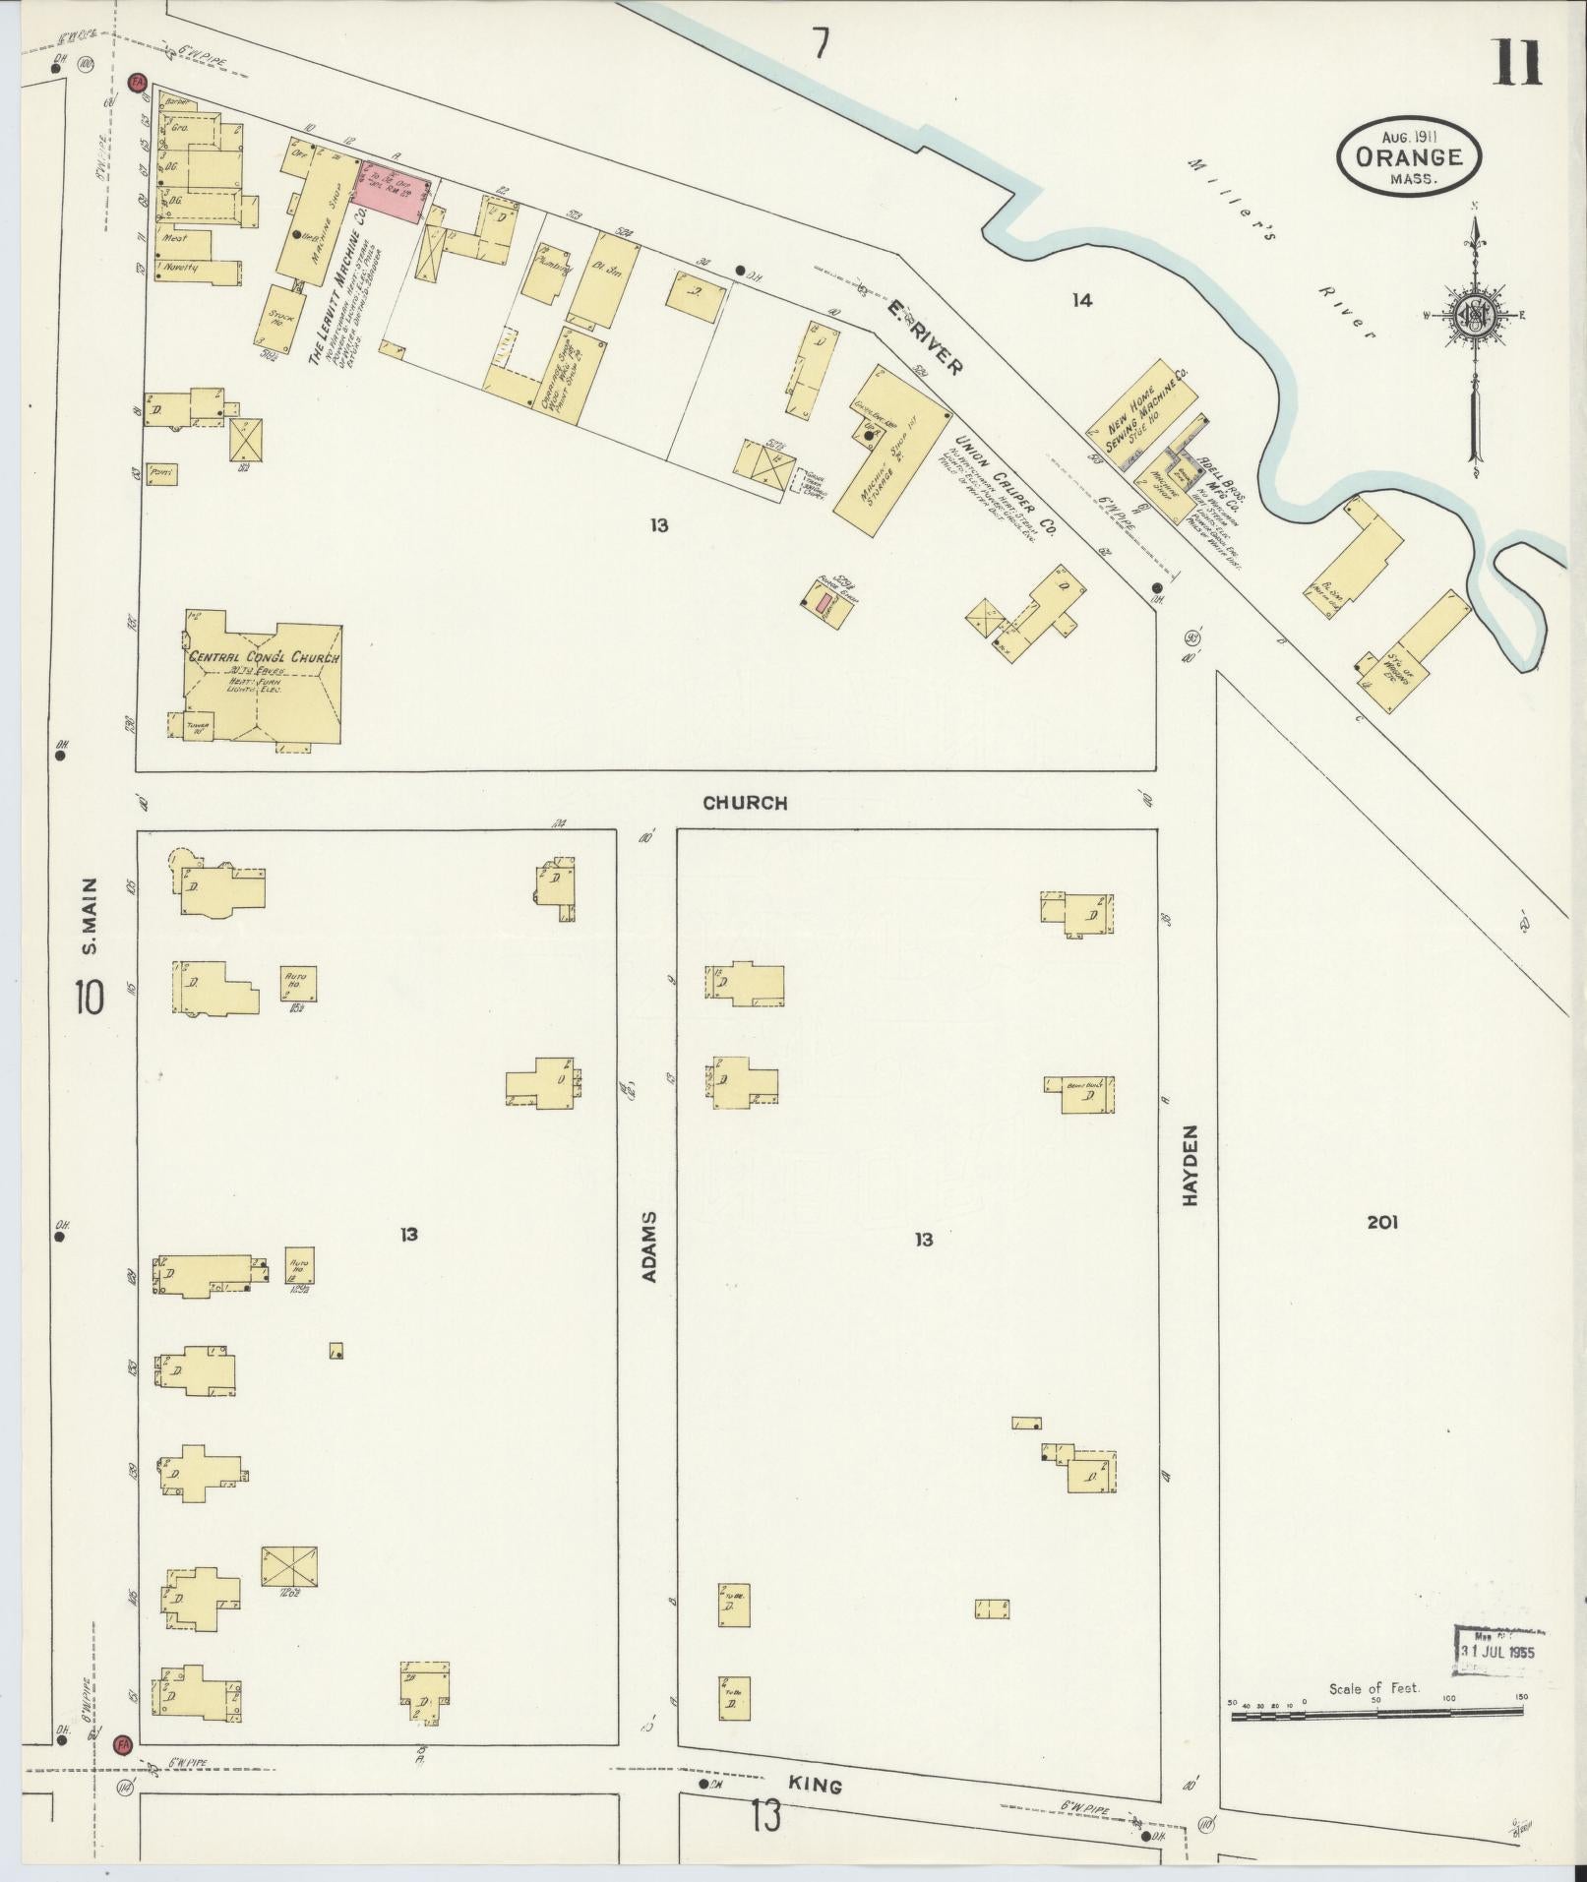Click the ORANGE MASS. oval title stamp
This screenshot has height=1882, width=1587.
pos(1408,156)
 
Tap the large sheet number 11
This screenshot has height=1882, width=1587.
pos(1517,63)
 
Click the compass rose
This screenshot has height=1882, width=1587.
pos(1474,317)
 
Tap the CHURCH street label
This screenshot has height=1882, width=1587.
pos(745,803)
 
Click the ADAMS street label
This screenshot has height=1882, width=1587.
pos(648,1245)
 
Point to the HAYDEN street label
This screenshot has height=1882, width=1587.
pos(1190,1166)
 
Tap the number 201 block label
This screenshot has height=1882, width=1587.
pos(1381,1222)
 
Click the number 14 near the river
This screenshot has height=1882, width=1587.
pos(1081,300)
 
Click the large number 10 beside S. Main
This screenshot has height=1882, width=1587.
pos(88,998)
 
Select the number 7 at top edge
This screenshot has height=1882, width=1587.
pos(821,43)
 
